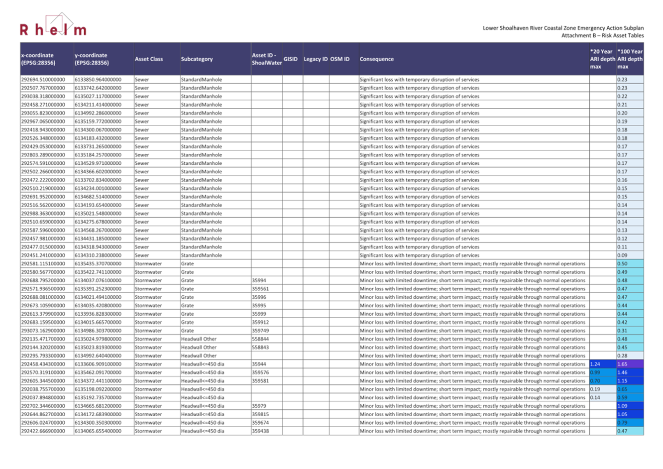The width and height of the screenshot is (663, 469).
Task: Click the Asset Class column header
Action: tap(148, 59)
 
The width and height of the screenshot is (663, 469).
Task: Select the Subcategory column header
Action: tap(197, 59)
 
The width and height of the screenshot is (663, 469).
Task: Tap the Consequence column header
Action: tap(376, 59)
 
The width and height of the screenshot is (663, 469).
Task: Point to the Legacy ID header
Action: tap(316, 59)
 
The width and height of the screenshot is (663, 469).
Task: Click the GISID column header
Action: tap(291, 59)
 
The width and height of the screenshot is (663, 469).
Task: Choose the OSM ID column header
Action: tap(340, 59)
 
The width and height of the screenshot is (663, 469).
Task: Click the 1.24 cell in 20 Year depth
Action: tap(595, 364)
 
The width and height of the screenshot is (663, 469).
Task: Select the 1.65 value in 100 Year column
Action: tap(622, 364)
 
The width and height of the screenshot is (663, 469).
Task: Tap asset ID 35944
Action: tap(259, 364)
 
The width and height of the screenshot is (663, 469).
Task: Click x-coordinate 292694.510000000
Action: tap(43, 80)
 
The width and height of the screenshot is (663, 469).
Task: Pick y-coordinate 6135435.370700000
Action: tap(98, 264)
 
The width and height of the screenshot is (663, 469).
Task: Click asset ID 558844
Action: tap(260, 339)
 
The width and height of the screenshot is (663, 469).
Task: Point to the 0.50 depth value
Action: tap(622, 264)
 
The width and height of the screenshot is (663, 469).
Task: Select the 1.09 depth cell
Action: tap(622, 406)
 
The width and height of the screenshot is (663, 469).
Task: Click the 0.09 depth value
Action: tap(622, 255)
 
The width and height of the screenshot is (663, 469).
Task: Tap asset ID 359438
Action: tap(260, 431)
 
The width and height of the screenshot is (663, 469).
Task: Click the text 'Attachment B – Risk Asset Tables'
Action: tap(602, 35)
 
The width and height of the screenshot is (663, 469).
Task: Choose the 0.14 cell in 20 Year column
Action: tap(595, 398)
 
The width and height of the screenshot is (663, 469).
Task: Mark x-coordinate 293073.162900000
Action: tap(43, 331)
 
